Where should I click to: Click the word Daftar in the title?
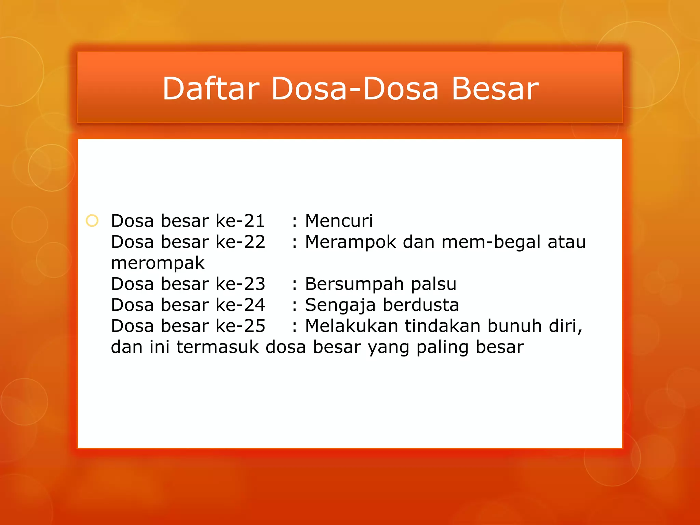[x=211, y=89]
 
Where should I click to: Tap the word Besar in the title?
[x=495, y=89]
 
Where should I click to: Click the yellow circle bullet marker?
[x=92, y=221]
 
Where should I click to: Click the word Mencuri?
[x=339, y=221]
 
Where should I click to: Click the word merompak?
[x=158, y=264]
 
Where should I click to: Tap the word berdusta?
[x=420, y=305]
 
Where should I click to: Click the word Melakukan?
[x=351, y=326]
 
